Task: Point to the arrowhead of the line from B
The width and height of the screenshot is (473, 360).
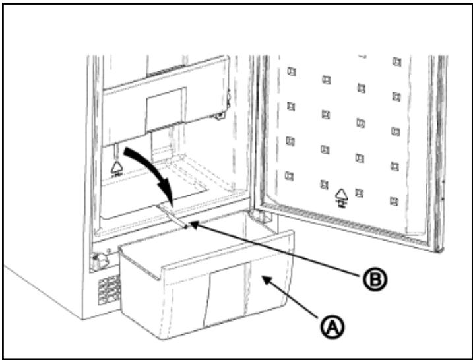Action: point(191,226)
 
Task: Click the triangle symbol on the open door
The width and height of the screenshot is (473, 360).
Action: point(342,195)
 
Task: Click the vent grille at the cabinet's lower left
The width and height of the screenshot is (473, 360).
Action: point(108,288)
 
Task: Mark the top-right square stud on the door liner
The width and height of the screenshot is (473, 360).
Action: point(396,62)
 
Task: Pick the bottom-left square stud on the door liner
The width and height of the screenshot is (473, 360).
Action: point(288,175)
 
